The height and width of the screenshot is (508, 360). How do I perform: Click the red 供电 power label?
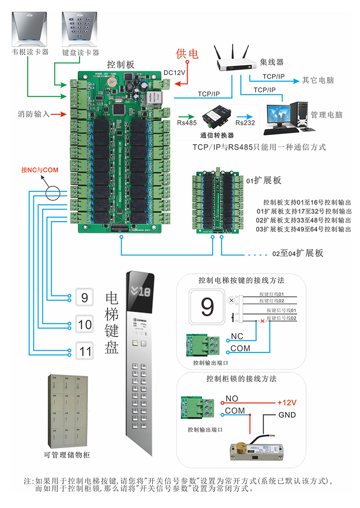pyautogui.click(x=187, y=54)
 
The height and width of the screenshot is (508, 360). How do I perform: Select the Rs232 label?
pyautogui.click(x=244, y=123)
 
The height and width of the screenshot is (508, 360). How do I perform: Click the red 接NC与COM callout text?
pyautogui.click(x=40, y=170)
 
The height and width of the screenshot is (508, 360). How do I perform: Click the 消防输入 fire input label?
pyautogui.click(x=34, y=114)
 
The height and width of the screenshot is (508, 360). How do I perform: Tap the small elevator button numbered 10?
pyautogui.click(x=85, y=324)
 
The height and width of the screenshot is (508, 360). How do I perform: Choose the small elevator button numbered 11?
pyautogui.click(x=85, y=350)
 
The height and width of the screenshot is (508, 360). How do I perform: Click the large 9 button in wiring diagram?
pyautogui.click(x=207, y=307)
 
